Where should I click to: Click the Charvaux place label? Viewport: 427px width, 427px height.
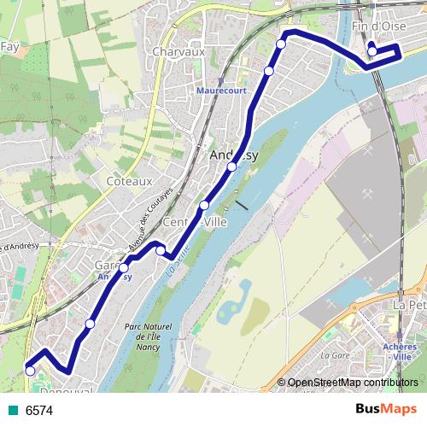(x=175, y=52)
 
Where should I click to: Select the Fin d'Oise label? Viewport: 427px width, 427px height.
(x=377, y=26)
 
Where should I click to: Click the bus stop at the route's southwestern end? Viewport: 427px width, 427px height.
(x=30, y=371)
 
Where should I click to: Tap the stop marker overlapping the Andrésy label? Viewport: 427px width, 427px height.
(x=231, y=167)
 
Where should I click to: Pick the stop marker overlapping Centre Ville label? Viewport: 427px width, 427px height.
(x=204, y=206)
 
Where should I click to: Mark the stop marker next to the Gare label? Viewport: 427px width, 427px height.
(x=124, y=267)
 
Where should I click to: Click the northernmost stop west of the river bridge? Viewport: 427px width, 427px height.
(x=281, y=44)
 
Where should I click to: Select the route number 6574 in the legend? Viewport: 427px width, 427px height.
(x=38, y=411)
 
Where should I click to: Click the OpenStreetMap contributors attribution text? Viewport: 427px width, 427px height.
(x=352, y=383)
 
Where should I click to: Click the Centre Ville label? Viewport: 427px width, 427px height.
(x=193, y=224)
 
